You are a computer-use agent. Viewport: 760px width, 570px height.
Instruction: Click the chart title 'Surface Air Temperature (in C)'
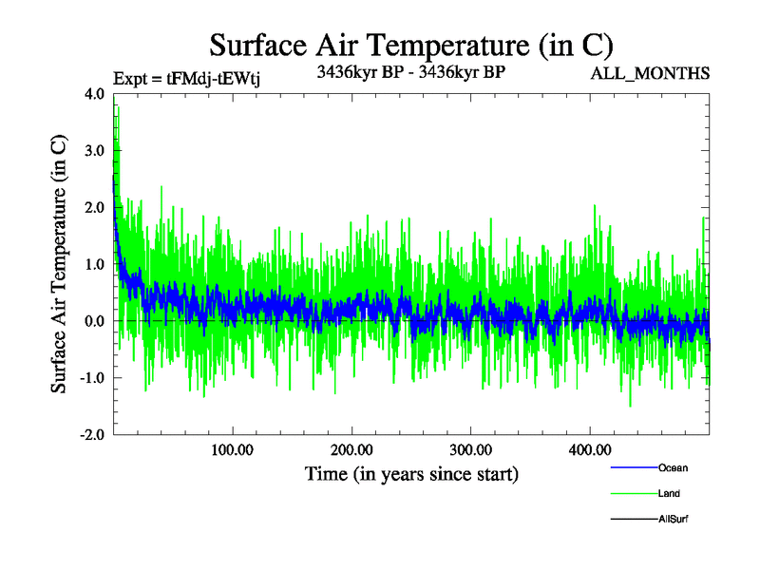pyautogui.click(x=411, y=45)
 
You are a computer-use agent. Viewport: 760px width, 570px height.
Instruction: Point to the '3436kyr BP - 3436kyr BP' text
pyautogui.click(x=410, y=70)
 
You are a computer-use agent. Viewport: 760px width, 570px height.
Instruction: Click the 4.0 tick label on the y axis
pyautogui.click(x=95, y=94)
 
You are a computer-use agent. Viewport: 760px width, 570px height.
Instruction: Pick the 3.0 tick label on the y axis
pyautogui.click(x=95, y=151)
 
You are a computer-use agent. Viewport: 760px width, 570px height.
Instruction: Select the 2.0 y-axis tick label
pyautogui.click(x=95, y=208)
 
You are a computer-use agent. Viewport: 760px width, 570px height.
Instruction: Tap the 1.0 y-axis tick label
pyautogui.click(x=95, y=264)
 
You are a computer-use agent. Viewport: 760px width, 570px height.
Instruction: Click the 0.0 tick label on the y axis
pyautogui.click(x=95, y=321)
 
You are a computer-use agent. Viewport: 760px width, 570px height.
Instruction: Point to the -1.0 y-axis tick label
pyautogui.click(x=93, y=378)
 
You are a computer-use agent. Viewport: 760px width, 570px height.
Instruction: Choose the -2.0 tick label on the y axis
pyautogui.click(x=93, y=434)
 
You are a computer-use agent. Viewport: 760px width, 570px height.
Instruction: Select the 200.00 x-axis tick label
pyautogui.click(x=351, y=449)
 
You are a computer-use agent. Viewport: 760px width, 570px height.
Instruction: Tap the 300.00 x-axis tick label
pyautogui.click(x=470, y=449)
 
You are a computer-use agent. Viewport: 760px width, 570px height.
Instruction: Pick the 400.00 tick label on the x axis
pyautogui.click(x=589, y=449)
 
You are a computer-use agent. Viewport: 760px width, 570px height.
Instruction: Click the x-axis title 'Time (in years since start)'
pyautogui.click(x=411, y=473)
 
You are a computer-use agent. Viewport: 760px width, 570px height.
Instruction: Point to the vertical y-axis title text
pyautogui.click(x=59, y=264)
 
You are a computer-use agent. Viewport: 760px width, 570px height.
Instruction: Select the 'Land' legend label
pyautogui.click(x=669, y=493)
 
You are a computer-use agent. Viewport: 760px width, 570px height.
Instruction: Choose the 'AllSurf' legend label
pyautogui.click(x=673, y=519)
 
